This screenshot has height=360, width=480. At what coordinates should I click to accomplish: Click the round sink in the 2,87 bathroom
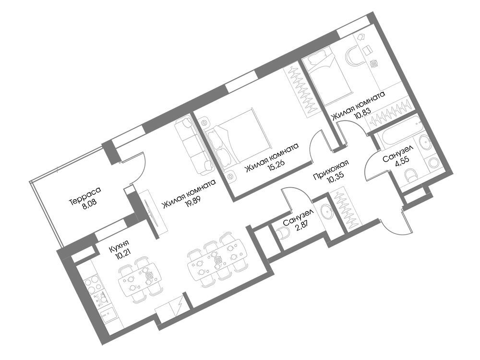326,212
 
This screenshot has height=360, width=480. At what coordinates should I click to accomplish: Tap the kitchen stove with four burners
94,284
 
